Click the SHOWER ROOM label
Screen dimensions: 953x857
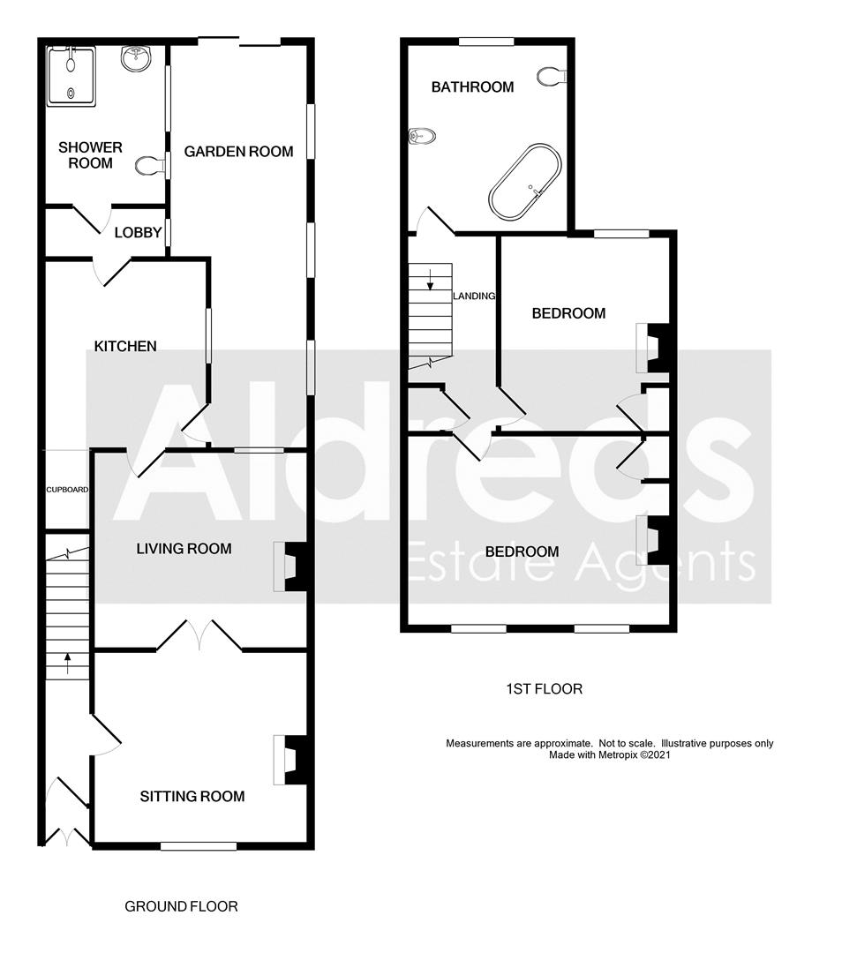click(90, 154)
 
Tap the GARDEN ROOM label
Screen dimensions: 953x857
click(238, 151)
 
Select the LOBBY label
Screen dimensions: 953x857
click(139, 233)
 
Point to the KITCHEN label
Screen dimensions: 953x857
click(126, 346)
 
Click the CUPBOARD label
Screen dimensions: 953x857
click(67, 489)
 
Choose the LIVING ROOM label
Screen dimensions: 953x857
click(184, 549)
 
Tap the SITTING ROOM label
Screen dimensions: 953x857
click(192, 797)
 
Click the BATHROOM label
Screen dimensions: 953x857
click(472, 86)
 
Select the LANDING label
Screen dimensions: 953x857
click(474, 296)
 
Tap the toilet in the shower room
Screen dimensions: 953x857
click(152, 164)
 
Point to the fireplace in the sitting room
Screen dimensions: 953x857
click(290, 760)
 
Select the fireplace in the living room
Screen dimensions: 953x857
click(290, 566)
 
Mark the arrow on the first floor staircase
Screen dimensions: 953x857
click(430, 281)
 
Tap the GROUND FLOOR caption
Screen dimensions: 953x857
click(181, 906)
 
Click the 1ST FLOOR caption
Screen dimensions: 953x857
click(544, 689)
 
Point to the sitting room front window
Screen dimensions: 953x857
click(199, 846)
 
